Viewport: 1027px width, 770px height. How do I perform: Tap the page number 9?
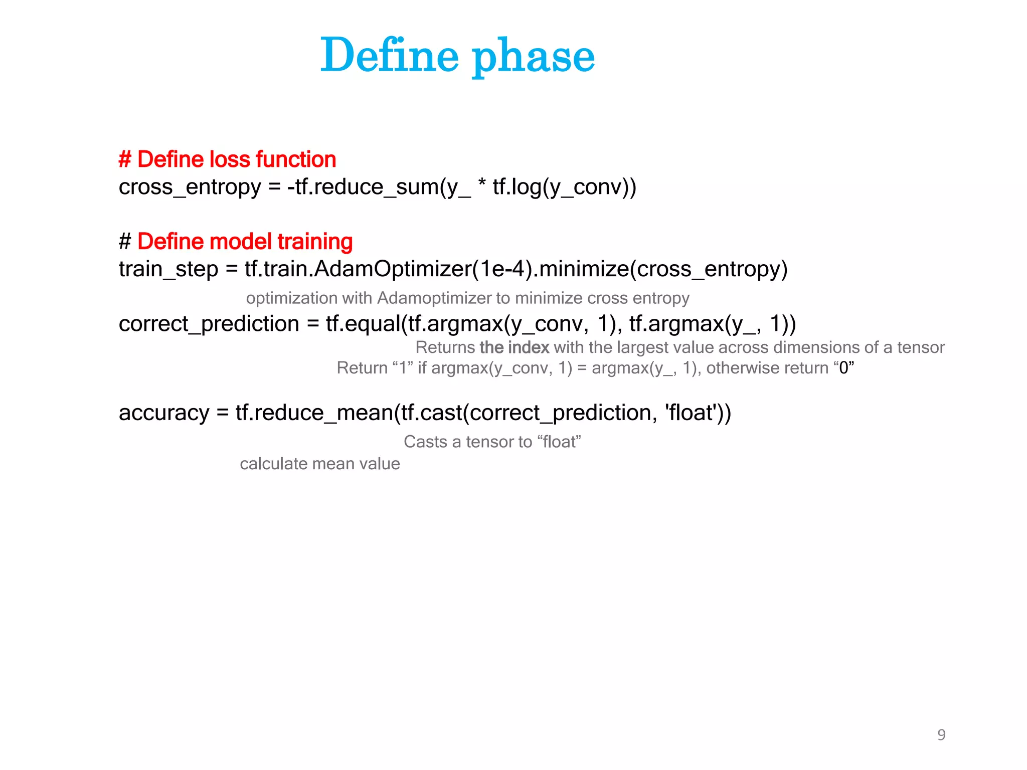941,734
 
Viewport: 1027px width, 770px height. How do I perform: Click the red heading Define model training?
245,242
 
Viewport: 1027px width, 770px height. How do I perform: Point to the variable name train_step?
168,269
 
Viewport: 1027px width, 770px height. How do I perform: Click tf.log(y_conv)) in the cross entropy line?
564,187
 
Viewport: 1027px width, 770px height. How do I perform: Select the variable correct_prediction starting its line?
209,324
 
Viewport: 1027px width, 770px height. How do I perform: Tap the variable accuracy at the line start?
164,413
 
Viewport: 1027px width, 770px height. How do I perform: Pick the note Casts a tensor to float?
492,442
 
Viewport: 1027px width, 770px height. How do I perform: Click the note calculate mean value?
319,464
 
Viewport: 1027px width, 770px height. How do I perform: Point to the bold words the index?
514,347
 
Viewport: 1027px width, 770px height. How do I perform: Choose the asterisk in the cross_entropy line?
481,184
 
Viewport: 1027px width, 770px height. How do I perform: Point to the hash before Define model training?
125,242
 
